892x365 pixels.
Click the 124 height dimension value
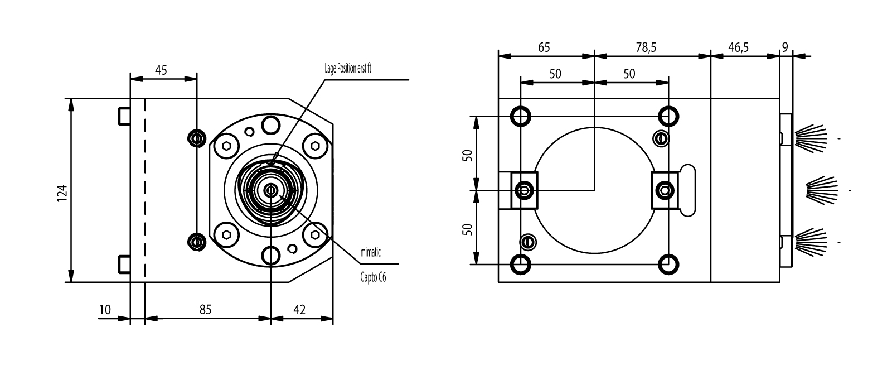(62, 193)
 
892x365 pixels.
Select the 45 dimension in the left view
(161, 70)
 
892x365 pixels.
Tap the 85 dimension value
(205, 310)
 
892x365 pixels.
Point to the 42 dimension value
(299, 310)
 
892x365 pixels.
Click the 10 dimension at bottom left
(105, 310)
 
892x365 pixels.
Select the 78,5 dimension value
(646, 47)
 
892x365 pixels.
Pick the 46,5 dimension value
(738, 47)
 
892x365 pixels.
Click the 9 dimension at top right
(785, 47)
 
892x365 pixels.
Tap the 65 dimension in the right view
(544, 47)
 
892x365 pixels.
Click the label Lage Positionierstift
(348, 69)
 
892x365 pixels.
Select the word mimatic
(370, 253)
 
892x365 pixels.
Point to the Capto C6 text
(373, 277)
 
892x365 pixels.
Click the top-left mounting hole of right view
(521, 116)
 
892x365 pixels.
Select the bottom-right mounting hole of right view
(668, 264)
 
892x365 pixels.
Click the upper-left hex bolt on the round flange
(226, 146)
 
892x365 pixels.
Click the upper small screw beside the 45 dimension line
(196, 137)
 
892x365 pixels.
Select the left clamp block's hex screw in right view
(525, 190)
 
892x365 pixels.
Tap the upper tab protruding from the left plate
(124, 116)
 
